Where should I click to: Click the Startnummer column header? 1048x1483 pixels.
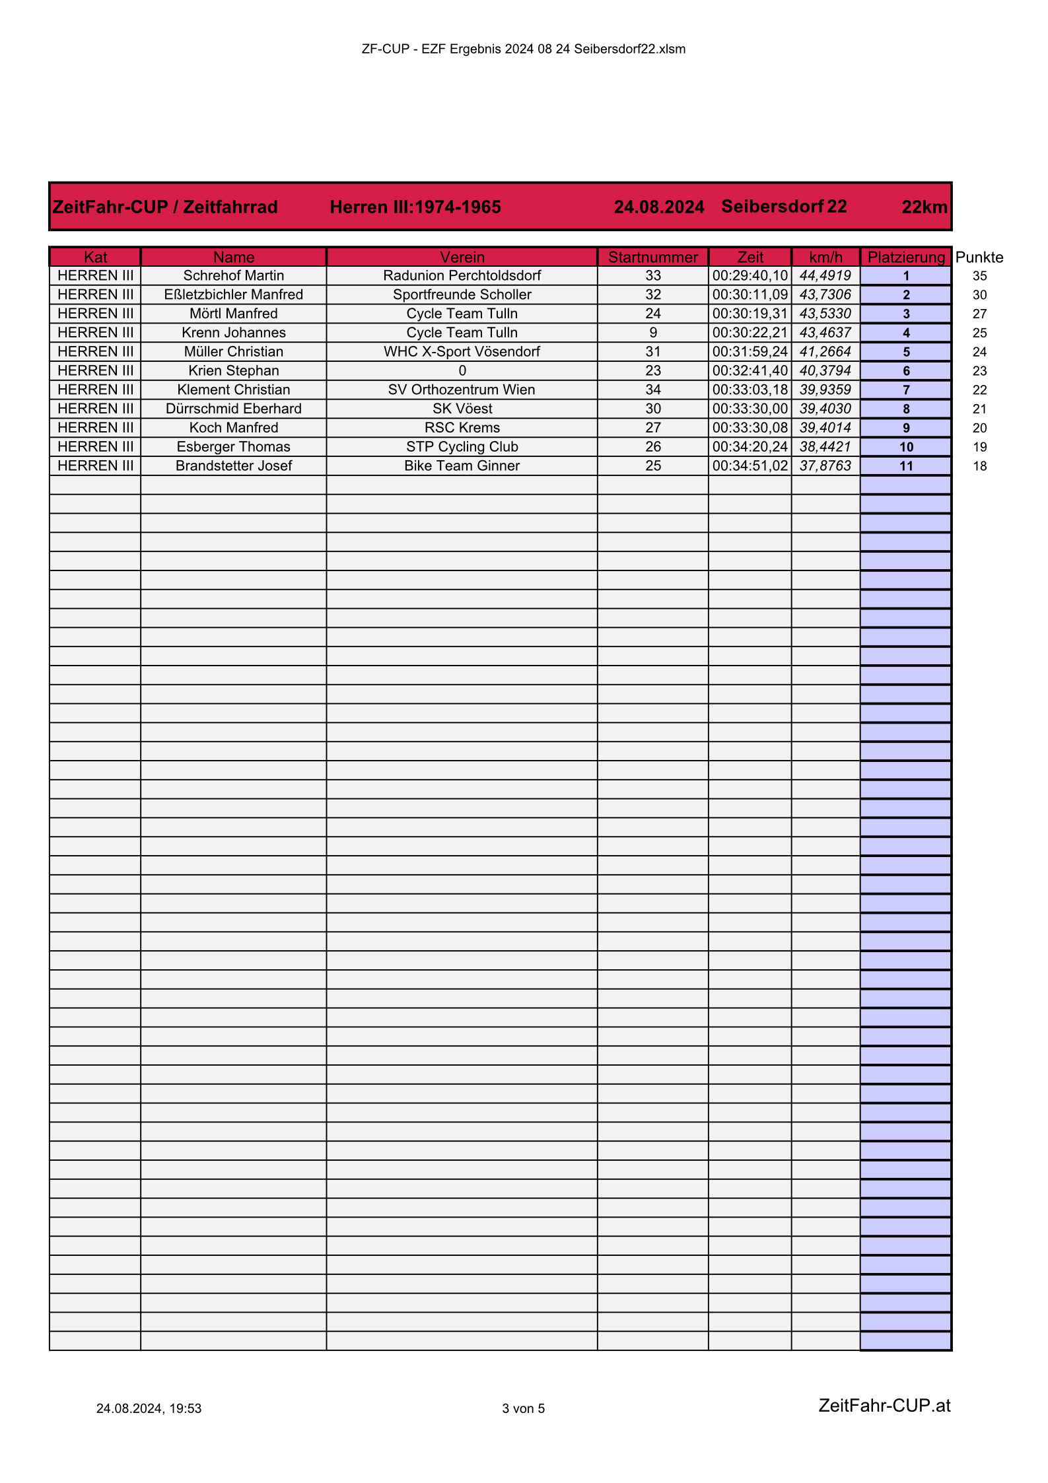coord(652,257)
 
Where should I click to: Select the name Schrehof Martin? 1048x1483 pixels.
coord(233,275)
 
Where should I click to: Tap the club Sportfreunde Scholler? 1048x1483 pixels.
coord(462,294)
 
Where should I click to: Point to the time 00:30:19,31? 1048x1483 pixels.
coord(750,314)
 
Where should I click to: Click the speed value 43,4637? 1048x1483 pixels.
coord(825,333)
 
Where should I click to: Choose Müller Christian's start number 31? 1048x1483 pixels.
coord(652,352)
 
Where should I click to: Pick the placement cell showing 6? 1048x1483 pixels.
coord(905,371)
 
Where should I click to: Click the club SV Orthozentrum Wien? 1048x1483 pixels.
coord(462,390)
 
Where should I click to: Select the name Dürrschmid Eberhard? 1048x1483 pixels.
coord(233,409)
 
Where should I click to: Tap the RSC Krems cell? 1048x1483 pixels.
coord(462,428)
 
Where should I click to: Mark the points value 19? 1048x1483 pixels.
coord(979,447)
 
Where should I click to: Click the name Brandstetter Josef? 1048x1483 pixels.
coord(233,466)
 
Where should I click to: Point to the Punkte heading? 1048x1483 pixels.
coord(979,258)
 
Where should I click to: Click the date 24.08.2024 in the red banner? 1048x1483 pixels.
coord(658,207)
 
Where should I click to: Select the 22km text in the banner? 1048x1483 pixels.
coord(924,207)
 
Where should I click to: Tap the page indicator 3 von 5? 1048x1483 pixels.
coord(523,1408)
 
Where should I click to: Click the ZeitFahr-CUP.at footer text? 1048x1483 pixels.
coord(884,1405)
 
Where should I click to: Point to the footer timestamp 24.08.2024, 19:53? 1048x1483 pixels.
coord(149,1408)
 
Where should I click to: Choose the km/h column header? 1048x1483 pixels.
coord(825,257)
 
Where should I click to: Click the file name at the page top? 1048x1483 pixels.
coord(523,49)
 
